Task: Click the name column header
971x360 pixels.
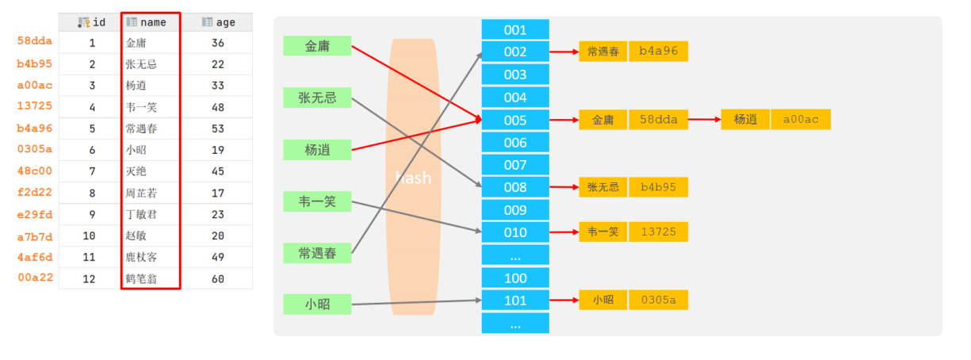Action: coord(151,22)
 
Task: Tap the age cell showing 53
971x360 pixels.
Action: coord(218,128)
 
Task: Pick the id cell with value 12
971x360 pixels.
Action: coord(92,278)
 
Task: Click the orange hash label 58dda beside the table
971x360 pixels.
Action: coord(34,40)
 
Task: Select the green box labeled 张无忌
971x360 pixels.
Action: coord(317,98)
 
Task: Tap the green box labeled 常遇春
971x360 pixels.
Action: coord(317,253)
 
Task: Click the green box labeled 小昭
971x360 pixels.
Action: coord(317,304)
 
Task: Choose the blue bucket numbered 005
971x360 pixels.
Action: coord(515,120)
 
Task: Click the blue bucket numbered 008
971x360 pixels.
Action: coord(515,187)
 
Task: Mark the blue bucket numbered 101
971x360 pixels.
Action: coord(515,301)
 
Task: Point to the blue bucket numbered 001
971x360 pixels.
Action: coord(515,30)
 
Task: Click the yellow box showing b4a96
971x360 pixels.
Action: coord(658,52)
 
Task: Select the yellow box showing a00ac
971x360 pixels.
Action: coord(801,120)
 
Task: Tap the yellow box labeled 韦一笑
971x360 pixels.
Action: coord(602,232)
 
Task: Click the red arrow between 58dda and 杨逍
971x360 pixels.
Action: coord(704,120)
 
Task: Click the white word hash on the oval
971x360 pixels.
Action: coord(413,178)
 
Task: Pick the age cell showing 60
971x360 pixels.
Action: coord(218,278)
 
